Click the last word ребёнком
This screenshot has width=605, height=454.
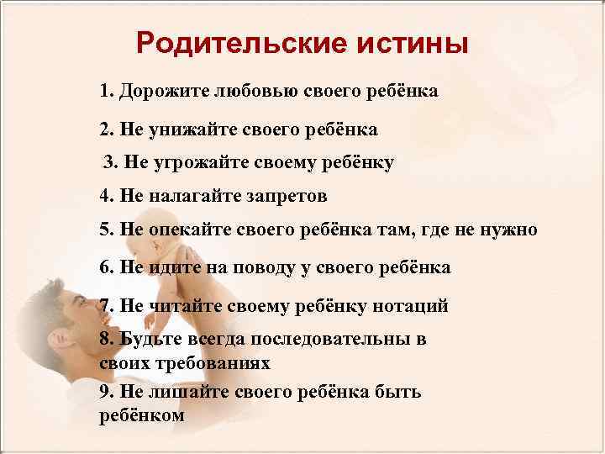pyautogui.click(x=141, y=415)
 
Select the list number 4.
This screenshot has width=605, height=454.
pyautogui.click(x=104, y=196)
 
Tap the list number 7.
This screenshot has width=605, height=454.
pyautogui.click(x=104, y=306)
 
